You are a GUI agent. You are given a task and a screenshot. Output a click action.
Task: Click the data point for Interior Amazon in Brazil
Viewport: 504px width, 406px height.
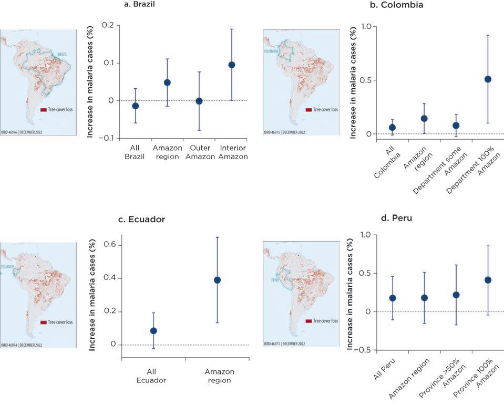pyautogui.click(x=231, y=65)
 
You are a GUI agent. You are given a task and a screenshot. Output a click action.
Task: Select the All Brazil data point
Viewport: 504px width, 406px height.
pyautogui.click(x=135, y=106)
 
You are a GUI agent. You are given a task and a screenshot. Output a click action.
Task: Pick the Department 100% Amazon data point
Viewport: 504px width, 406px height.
pyautogui.click(x=488, y=79)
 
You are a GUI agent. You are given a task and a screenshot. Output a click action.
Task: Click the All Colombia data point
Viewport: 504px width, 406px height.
pyautogui.click(x=392, y=128)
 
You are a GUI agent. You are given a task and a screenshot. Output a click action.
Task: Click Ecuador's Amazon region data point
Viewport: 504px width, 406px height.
pyautogui.click(x=217, y=280)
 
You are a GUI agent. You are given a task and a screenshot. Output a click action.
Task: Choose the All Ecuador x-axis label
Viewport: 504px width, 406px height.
pyautogui.click(x=153, y=376)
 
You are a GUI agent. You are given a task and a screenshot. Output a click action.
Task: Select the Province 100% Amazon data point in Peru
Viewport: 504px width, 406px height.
pyautogui.click(x=488, y=280)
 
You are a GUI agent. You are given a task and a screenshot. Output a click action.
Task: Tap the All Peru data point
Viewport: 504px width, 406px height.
pyautogui.click(x=392, y=298)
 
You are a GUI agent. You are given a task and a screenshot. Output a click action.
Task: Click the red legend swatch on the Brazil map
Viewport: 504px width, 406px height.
pyautogui.click(x=44, y=110)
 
